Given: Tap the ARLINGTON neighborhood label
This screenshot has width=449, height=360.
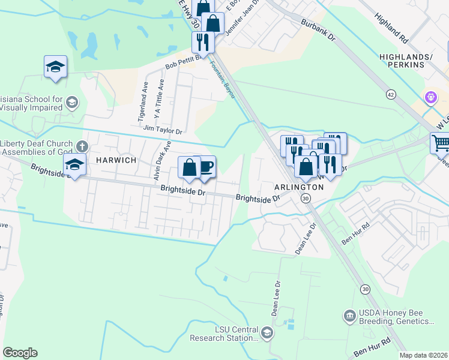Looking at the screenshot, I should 300,187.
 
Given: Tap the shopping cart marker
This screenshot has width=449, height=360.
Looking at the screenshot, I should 441,143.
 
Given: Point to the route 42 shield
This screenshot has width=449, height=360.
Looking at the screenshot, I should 391,94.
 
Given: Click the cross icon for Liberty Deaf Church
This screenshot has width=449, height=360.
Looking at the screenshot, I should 82,146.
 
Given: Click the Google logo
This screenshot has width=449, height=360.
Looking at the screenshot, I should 20,352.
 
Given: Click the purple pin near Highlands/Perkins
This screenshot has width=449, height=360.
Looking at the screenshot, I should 430,97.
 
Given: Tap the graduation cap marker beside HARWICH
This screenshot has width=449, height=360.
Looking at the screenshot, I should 74,164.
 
